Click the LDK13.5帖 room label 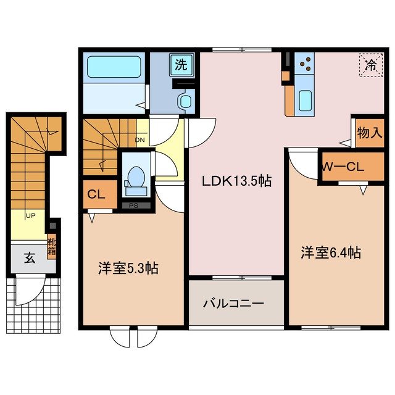click(x=236, y=181)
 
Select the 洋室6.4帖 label click(x=330, y=252)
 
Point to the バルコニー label click(x=234, y=304)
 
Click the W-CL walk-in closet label click(x=343, y=166)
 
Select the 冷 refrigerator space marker click(x=371, y=64)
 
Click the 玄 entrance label click(x=29, y=258)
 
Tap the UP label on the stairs click(x=30, y=215)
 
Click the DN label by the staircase click(x=140, y=139)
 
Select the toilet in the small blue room click(x=133, y=177)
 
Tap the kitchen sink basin click(x=305, y=100)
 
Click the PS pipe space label click(x=133, y=206)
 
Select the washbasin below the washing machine click(x=184, y=101)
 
